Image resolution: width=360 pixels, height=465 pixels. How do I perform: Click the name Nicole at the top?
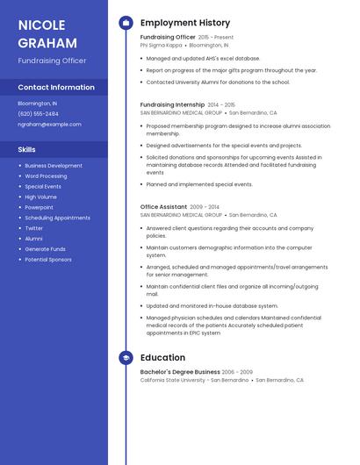[x=42, y=25]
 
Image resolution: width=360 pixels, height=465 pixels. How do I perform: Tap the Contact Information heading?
[x=56, y=88]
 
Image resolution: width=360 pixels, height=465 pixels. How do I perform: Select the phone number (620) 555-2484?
[x=38, y=114]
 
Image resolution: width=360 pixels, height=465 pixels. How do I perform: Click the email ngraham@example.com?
[x=49, y=125]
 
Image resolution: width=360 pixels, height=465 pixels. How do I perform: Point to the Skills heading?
[x=26, y=149]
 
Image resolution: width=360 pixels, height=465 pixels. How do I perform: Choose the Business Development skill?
[x=54, y=166]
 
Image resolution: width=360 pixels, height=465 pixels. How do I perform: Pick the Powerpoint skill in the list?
[x=39, y=208]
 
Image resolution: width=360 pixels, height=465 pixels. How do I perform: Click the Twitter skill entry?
[x=33, y=228]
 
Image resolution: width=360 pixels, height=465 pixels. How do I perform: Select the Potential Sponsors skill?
[x=48, y=260]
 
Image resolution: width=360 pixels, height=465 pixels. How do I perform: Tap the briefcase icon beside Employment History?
[x=126, y=23]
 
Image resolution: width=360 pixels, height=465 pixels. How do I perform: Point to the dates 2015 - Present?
[x=216, y=38]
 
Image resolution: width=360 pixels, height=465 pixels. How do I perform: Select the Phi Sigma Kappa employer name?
[x=162, y=45]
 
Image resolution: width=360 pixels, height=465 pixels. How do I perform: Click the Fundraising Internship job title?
[x=172, y=104]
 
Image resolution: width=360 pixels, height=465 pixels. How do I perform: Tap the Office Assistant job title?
[x=163, y=207]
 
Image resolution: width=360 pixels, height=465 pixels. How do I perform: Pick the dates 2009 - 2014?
[x=205, y=207]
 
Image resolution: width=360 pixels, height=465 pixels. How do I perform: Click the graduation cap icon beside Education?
[x=126, y=358]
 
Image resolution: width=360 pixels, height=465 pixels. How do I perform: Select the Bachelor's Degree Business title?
[x=180, y=372]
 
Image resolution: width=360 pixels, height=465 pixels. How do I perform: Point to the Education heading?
[x=162, y=358]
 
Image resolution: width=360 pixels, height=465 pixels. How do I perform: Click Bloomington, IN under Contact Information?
[x=38, y=104]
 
